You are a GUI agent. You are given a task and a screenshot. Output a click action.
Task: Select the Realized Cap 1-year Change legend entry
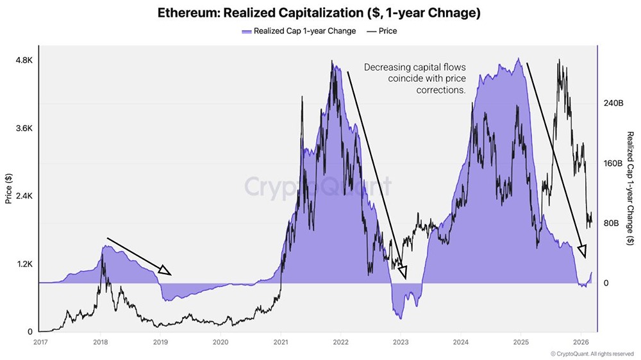coord(298,31)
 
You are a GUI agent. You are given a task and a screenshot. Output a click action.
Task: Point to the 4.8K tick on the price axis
coord(23,60)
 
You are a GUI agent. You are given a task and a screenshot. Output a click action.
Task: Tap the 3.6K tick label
coord(23,128)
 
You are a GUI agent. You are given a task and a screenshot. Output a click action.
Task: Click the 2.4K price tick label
coord(23,196)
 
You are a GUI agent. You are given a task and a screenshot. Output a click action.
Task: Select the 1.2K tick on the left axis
coord(23,264)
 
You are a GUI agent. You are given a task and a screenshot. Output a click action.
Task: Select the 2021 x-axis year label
coord(280,343)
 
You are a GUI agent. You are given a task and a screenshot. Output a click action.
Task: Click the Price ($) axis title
coord(8,188)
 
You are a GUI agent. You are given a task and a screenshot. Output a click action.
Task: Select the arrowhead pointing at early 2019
coord(165,271)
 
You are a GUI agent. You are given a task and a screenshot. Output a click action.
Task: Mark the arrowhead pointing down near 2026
coord(582,250)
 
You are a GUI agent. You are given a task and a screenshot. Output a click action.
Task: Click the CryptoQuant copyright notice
coord(592,354)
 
